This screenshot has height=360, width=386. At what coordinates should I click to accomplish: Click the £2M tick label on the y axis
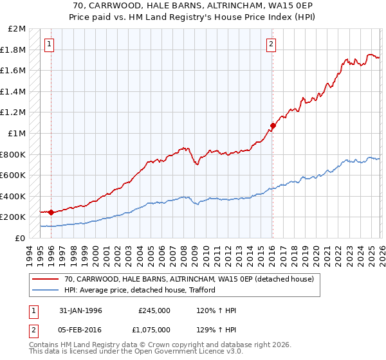click(x=17, y=29)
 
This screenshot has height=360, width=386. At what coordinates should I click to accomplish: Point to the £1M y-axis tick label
click(x=17, y=134)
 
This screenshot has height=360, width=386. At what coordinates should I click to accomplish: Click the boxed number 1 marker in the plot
click(x=50, y=44)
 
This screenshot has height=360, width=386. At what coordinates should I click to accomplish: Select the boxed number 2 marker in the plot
click(x=271, y=44)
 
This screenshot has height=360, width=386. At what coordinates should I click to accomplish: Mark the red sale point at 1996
click(x=51, y=212)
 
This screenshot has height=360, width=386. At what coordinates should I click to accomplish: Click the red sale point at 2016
click(x=273, y=126)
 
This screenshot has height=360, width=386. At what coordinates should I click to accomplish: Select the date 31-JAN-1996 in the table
click(x=80, y=310)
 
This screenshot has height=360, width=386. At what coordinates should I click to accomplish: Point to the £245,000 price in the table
click(x=154, y=310)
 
